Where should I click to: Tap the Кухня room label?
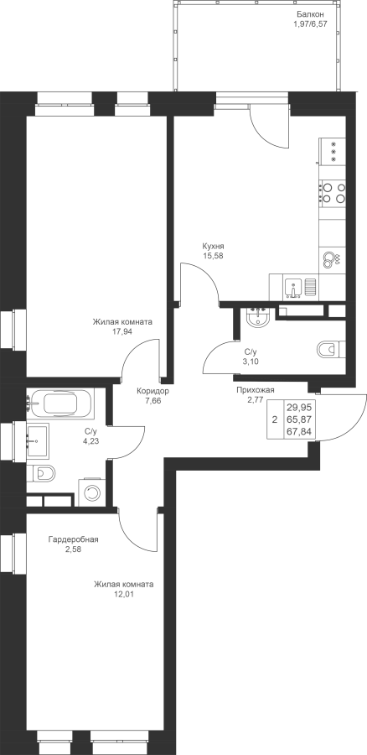pyautogui.click(x=213, y=246)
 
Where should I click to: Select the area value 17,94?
pyautogui.click(x=122, y=331)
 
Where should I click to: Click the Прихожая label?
pyautogui.click(x=255, y=390)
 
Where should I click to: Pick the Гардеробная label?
pyautogui.click(x=73, y=539)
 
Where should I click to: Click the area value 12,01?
pyautogui.click(x=124, y=594)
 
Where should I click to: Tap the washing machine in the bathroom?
pyautogui.click(x=90, y=492)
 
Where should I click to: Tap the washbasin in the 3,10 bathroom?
pyautogui.click(x=259, y=317)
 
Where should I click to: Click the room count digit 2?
pyautogui.click(x=275, y=419)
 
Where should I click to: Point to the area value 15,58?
pyautogui.click(x=213, y=255)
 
